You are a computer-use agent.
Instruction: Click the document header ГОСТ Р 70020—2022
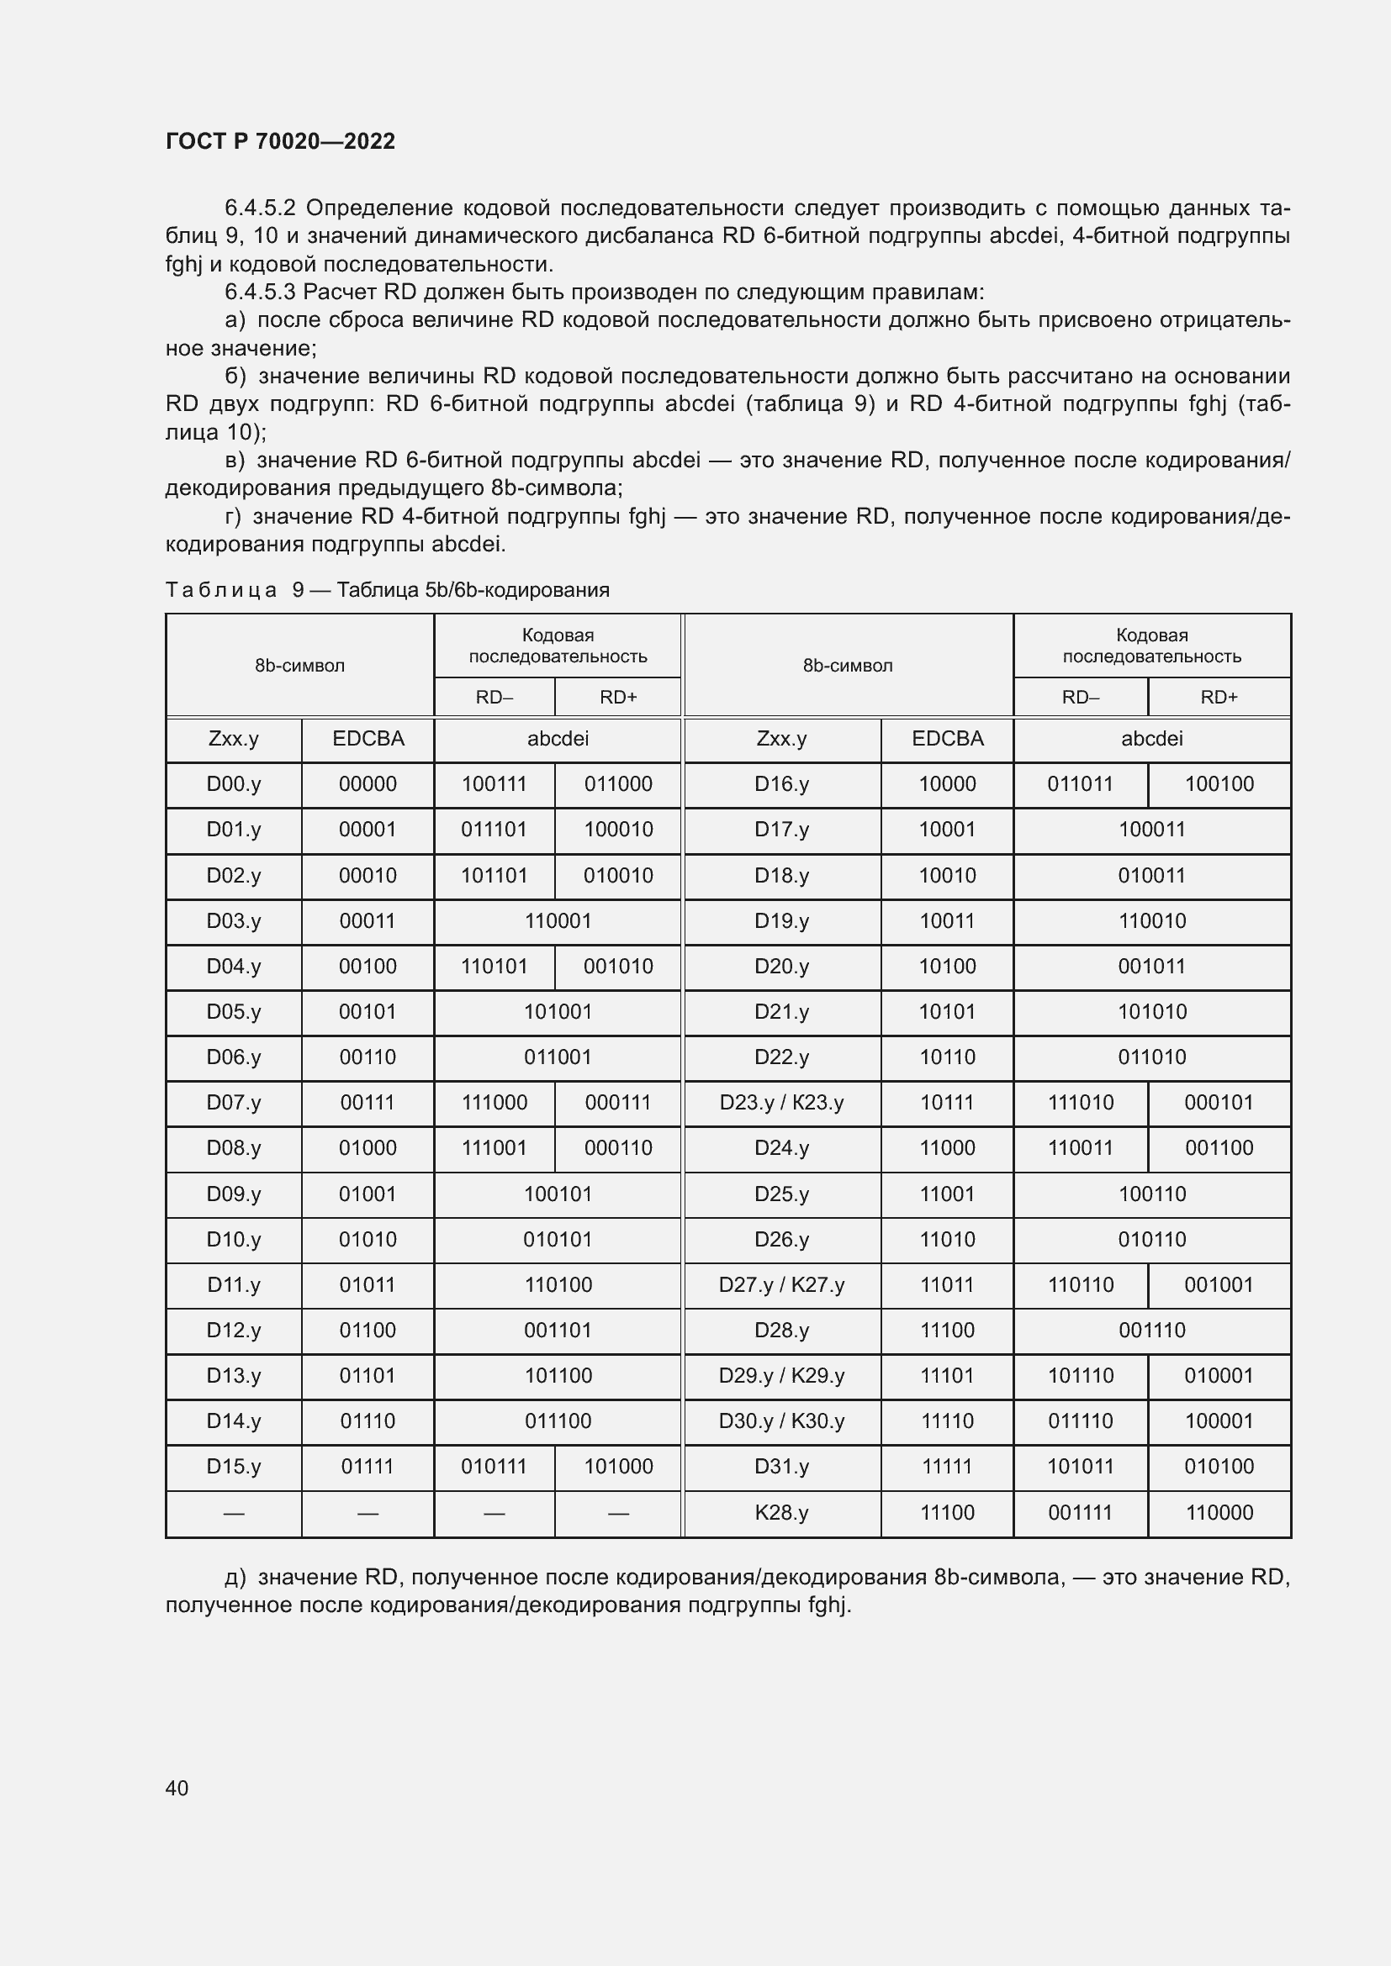point(280,141)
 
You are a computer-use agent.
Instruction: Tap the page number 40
point(177,1788)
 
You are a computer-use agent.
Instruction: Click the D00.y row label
point(233,783)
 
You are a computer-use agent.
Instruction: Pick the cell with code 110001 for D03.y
point(558,920)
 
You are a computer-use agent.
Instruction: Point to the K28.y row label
point(781,1512)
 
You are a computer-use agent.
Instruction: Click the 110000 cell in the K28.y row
point(1219,1512)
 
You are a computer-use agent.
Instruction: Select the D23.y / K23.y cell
point(781,1102)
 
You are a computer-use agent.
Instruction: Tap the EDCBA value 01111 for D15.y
point(368,1466)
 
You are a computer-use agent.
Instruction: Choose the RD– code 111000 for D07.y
point(495,1102)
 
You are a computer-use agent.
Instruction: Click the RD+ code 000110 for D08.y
point(617,1147)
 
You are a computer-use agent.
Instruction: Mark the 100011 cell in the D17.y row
point(1151,829)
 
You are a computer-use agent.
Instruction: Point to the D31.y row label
point(781,1466)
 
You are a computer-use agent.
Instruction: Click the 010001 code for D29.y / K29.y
point(1219,1375)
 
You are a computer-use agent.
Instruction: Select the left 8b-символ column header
point(299,666)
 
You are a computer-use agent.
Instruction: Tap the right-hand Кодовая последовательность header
point(1151,646)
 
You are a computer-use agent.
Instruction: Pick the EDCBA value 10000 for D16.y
point(946,783)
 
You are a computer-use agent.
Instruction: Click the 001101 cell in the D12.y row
point(558,1330)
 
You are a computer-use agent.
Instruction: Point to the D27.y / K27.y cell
point(781,1284)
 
